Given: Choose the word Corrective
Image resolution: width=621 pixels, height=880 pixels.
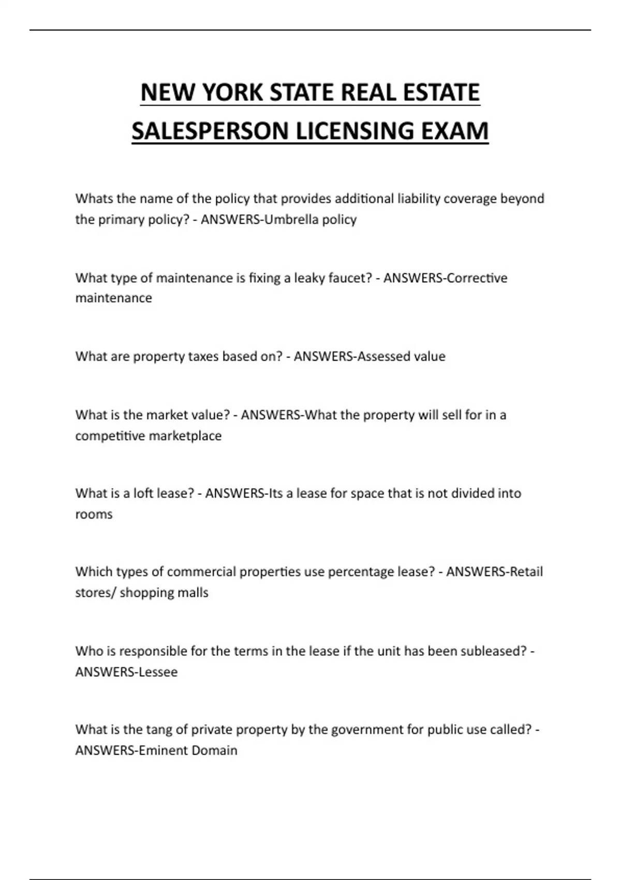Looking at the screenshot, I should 477,278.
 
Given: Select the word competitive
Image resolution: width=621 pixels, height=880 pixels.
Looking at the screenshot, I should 110,436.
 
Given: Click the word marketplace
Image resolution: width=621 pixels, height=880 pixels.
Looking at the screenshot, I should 185,436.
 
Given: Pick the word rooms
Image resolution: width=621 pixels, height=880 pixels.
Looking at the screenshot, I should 94,515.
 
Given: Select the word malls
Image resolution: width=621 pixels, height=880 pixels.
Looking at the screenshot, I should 192,593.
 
